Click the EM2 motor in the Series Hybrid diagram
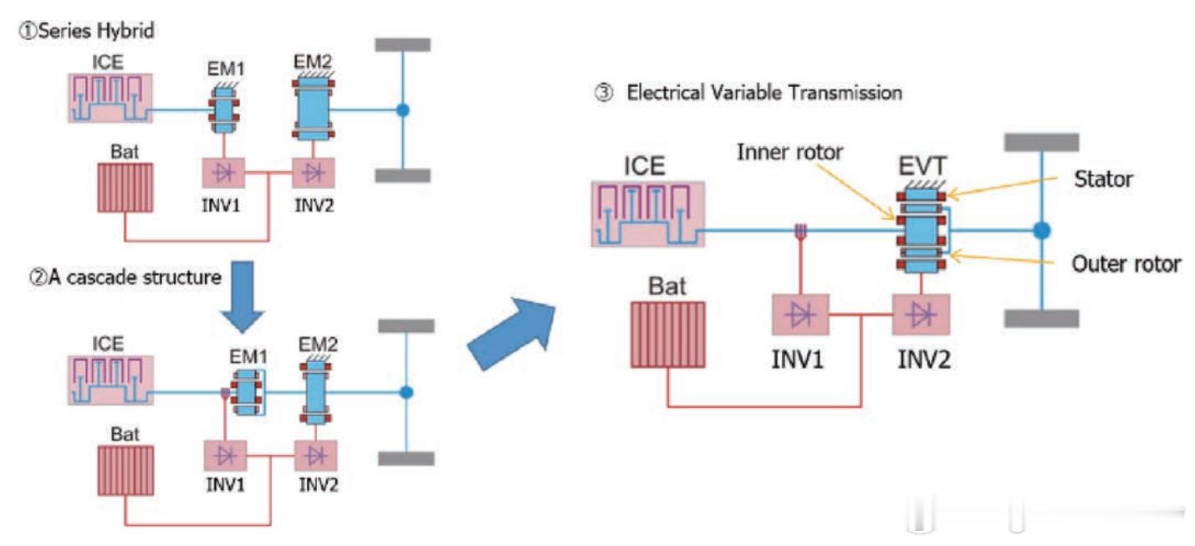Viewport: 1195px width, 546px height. point(312,109)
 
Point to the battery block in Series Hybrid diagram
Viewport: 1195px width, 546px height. point(125,188)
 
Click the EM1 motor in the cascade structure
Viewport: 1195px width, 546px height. point(245,391)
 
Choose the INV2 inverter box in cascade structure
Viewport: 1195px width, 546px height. point(316,456)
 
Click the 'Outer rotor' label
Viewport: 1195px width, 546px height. point(1126,263)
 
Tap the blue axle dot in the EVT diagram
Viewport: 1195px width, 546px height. point(1041,230)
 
